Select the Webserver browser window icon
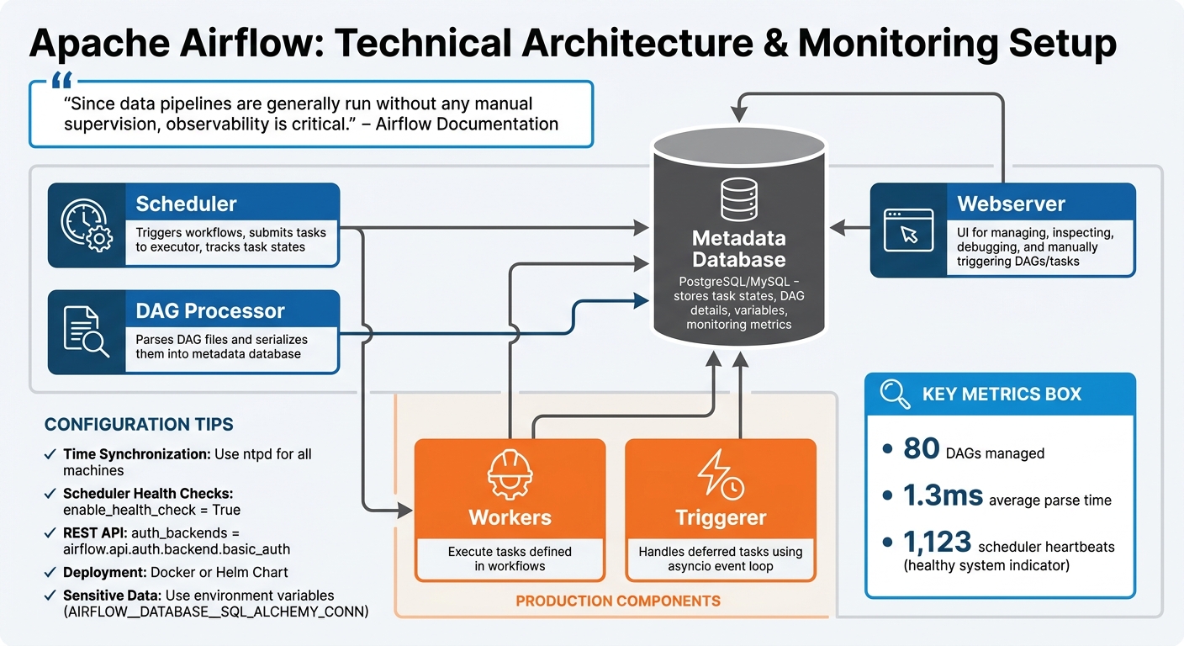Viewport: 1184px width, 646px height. [x=908, y=230]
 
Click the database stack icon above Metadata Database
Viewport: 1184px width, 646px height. [x=738, y=199]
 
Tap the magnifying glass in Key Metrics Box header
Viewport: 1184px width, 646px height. [x=895, y=394]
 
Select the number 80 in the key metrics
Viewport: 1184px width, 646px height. [x=921, y=449]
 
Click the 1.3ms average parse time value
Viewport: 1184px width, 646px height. [x=943, y=496]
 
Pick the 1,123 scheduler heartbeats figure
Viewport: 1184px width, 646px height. [x=938, y=543]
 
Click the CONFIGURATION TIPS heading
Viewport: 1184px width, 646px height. [x=139, y=425]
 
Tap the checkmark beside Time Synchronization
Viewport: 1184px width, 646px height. [x=50, y=454]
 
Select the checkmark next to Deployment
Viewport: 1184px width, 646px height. [x=50, y=572]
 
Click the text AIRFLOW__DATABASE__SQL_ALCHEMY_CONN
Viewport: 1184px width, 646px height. [x=216, y=612]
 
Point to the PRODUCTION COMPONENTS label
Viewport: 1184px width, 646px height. [x=617, y=601]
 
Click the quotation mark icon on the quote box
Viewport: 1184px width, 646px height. [x=61, y=82]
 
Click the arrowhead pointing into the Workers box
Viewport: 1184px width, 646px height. [x=405, y=509]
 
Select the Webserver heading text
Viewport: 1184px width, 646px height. [x=1011, y=204]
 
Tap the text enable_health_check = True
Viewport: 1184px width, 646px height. [x=151, y=510]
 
